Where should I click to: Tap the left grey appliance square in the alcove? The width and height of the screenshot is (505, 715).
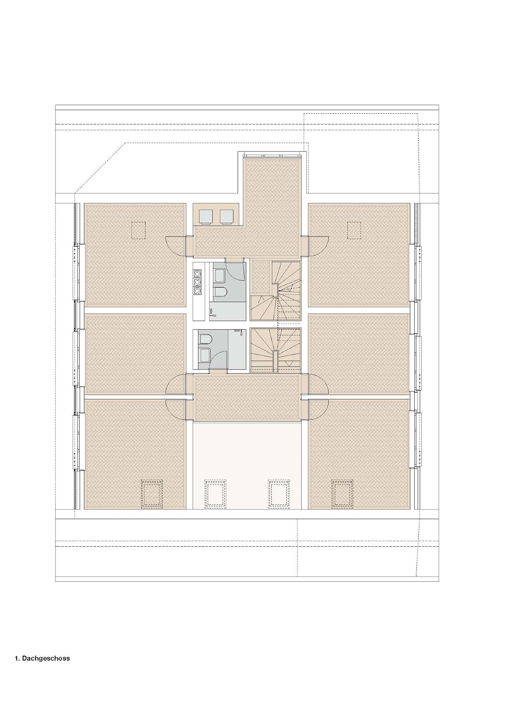tap(206, 216)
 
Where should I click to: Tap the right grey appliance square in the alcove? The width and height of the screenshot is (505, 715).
tap(227, 216)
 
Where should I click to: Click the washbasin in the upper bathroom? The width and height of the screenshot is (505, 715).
tap(218, 275)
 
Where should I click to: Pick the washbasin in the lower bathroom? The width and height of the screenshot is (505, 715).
tap(204, 355)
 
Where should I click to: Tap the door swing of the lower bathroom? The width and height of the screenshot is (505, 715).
tap(218, 359)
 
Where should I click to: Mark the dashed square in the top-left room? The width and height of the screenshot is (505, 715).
tap(138, 230)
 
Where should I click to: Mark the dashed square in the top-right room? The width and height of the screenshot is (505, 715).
tap(354, 230)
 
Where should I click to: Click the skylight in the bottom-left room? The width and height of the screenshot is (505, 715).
tap(152, 494)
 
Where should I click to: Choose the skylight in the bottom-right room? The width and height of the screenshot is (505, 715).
tap(342, 494)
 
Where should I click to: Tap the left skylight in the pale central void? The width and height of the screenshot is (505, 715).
tap(216, 494)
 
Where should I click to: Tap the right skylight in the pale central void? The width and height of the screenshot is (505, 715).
tap(279, 494)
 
